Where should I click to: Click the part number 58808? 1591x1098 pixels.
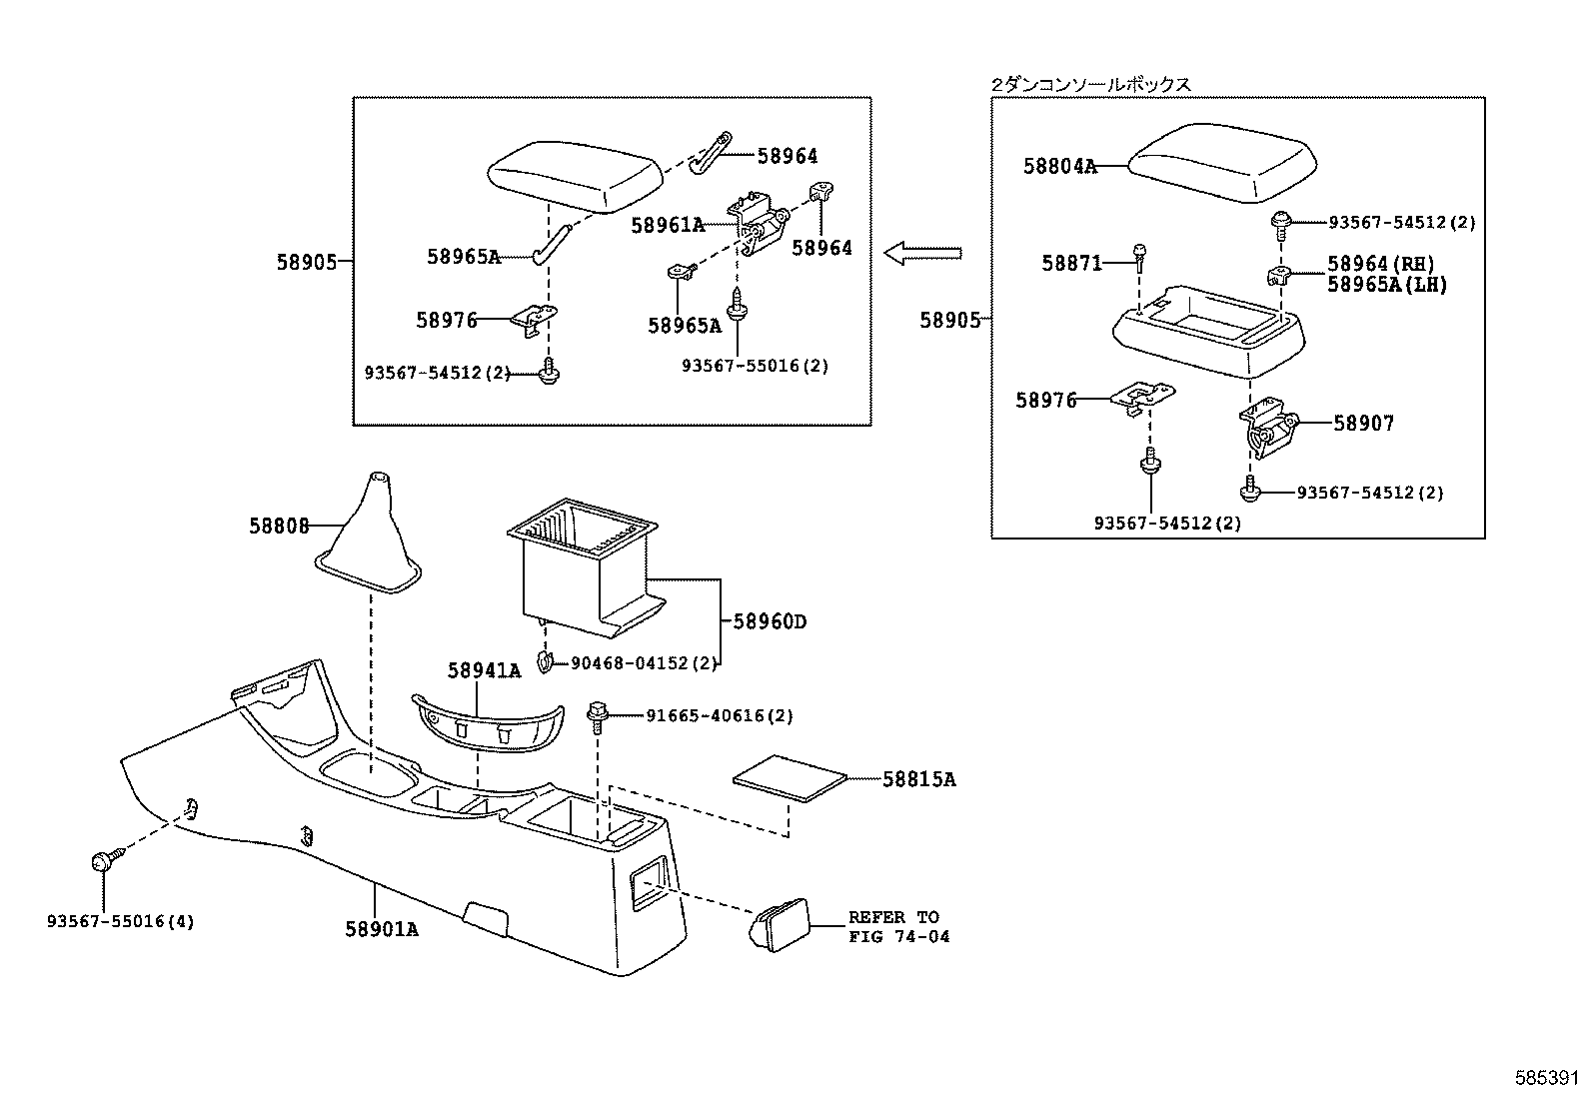(x=279, y=526)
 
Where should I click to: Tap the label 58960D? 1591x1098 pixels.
(x=770, y=621)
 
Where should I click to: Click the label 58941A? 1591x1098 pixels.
(x=484, y=671)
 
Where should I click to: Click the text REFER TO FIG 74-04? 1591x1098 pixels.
(x=898, y=927)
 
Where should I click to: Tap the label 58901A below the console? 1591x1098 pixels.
(x=382, y=929)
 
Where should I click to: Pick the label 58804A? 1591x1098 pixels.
(x=1059, y=167)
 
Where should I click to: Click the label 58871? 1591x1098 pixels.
(x=1071, y=263)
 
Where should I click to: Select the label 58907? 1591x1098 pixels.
(x=1363, y=424)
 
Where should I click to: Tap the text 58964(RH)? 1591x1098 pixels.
(x=1380, y=264)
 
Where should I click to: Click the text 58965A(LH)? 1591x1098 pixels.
(x=1386, y=285)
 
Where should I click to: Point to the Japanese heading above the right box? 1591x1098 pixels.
(x=1090, y=85)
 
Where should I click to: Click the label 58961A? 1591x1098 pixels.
(x=668, y=226)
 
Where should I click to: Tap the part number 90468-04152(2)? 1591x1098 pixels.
(x=644, y=663)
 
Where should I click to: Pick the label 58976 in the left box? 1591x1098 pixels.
(x=447, y=321)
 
